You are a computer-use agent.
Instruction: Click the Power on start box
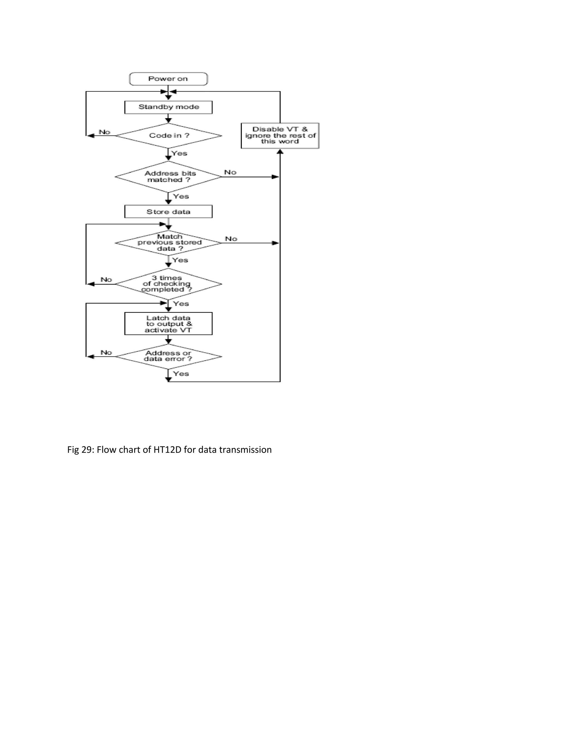coord(168,79)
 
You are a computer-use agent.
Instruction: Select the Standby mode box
coord(168,107)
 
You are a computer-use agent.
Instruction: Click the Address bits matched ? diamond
coord(168,177)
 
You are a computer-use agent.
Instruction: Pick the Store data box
coord(168,212)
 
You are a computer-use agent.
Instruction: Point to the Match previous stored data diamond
coord(168,243)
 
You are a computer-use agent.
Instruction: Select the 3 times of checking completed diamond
coord(168,284)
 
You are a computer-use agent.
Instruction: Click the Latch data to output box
coord(168,324)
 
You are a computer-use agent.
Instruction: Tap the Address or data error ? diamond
coord(168,356)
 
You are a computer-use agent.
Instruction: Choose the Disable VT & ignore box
coord(280,136)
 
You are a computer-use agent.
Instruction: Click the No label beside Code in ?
coord(105,132)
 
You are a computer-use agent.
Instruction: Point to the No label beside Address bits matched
coord(230,172)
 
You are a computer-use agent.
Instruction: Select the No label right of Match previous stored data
coord(231,239)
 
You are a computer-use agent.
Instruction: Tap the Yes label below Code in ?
coord(179,153)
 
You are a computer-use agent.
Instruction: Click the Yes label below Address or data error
coord(181,374)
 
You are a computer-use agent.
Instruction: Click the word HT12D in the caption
coord(168,450)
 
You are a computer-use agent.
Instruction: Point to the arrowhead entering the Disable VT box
coord(280,152)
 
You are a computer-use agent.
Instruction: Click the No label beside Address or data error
coord(106,353)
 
